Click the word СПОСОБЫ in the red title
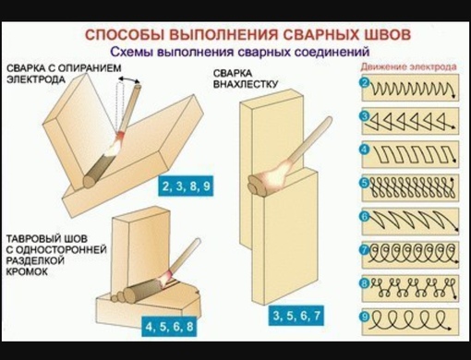coord(125,35)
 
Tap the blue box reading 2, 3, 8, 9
coord(186,186)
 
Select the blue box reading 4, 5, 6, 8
coord(169,327)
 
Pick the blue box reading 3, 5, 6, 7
coord(296,316)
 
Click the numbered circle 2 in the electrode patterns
coord(365,83)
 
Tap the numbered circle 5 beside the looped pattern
coord(365,183)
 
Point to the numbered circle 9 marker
coord(365,317)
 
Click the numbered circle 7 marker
coord(365,250)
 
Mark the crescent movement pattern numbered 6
coord(414,221)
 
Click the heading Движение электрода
coord(408,66)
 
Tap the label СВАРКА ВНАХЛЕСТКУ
coord(246,78)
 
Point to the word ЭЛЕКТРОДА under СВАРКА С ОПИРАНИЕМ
coord(36,79)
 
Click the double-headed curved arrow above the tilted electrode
coord(129,78)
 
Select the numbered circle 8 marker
coord(365,283)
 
